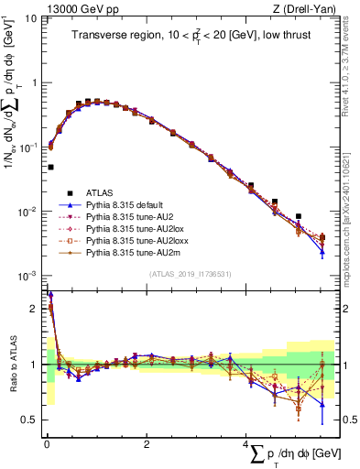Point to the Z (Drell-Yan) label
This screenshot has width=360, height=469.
(308, 8)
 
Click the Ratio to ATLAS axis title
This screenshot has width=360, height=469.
(12, 365)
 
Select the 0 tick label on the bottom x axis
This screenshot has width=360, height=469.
(47, 444)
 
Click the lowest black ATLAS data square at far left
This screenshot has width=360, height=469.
(50, 168)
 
